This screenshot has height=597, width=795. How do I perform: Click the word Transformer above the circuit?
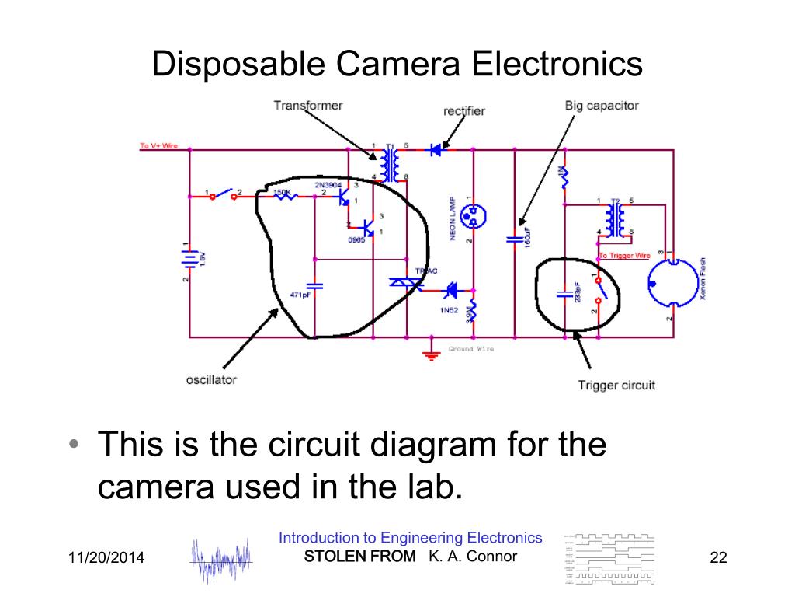click(x=307, y=105)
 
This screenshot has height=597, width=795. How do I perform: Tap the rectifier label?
click(x=464, y=111)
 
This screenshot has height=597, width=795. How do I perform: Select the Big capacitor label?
click(x=602, y=106)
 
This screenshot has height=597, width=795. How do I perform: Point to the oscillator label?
click(x=211, y=380)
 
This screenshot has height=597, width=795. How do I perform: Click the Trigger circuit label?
click(x=616, y=385)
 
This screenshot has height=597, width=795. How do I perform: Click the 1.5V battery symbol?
click(x=189, y=258)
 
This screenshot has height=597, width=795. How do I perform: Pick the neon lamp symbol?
click(x=470, y=216)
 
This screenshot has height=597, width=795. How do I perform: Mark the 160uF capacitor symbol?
click(x=513, y=239)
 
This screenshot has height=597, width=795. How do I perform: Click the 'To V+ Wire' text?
click(x=158, y=146)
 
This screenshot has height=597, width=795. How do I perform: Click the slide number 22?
click(x=718, y=557)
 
